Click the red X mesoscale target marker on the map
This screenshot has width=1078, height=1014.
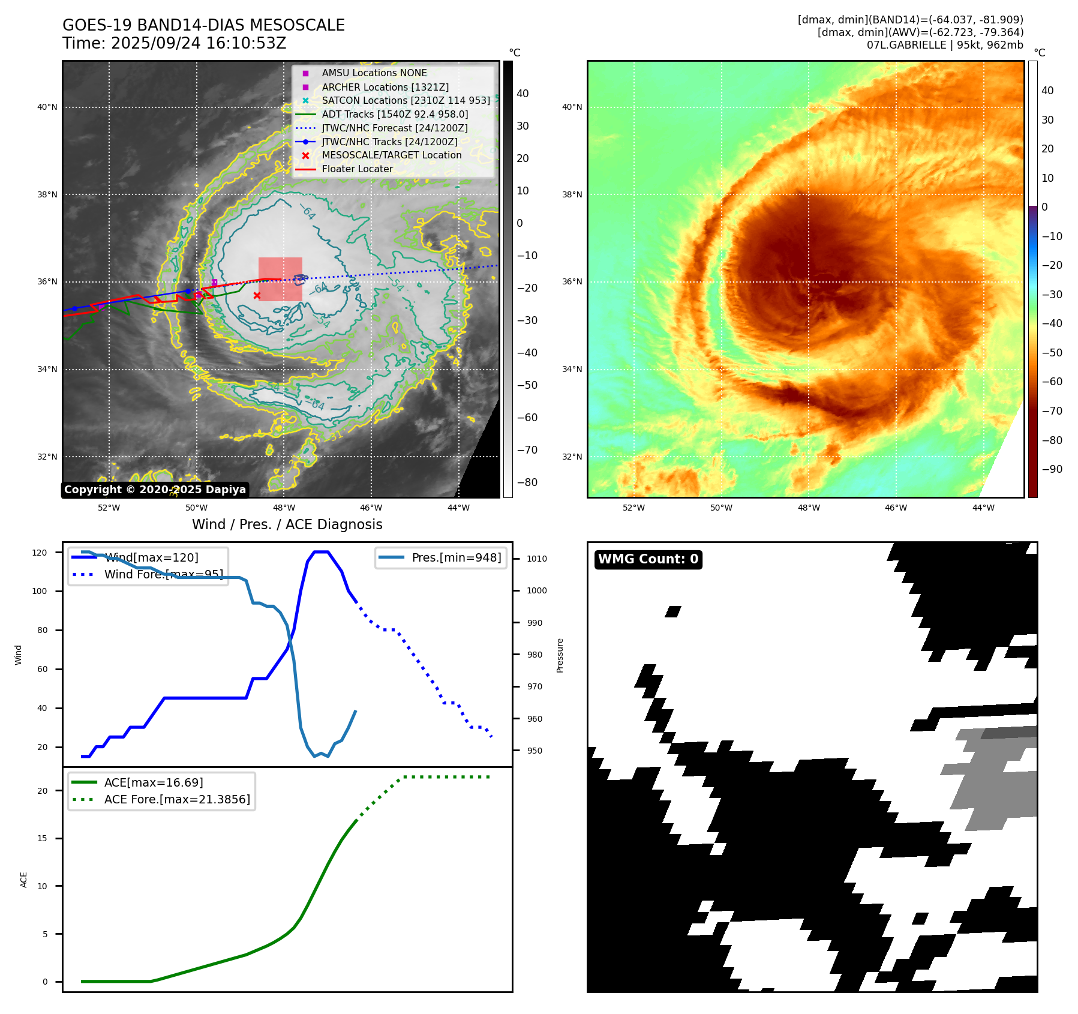(x=257, y=295)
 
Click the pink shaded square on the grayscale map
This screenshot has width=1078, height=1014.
(x=280, y=279)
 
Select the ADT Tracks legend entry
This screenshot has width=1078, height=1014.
(x=395, y=114)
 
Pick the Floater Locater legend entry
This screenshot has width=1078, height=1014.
(x=357, y=169)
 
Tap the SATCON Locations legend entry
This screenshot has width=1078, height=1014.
(x=406, y=100)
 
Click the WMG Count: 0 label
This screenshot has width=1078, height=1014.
(x=648, y=559)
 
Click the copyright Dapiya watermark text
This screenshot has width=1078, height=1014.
(x=155, y=490)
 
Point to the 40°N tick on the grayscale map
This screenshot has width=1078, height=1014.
(x=47, y=107)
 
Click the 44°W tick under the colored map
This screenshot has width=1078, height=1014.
(x=983, y=508)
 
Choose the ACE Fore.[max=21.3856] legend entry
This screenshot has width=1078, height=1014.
(x=177, y=799)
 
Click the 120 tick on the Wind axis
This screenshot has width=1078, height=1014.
(x=40, y=553)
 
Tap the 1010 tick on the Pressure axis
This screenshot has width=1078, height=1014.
(x=537, y=559)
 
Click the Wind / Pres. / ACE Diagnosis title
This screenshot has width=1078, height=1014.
(x=287, y=524)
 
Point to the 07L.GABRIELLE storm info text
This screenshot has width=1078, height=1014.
(x=945, y=45)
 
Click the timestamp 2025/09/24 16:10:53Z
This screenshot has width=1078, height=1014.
(x=199, y=43)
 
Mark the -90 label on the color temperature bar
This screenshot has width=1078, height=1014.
(x=1052, y=469)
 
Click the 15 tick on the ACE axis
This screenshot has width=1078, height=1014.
(x=42, y=838)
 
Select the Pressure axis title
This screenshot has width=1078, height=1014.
(x=560, y=655)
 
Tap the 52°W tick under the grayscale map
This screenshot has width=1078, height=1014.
(x=109, y=508)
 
